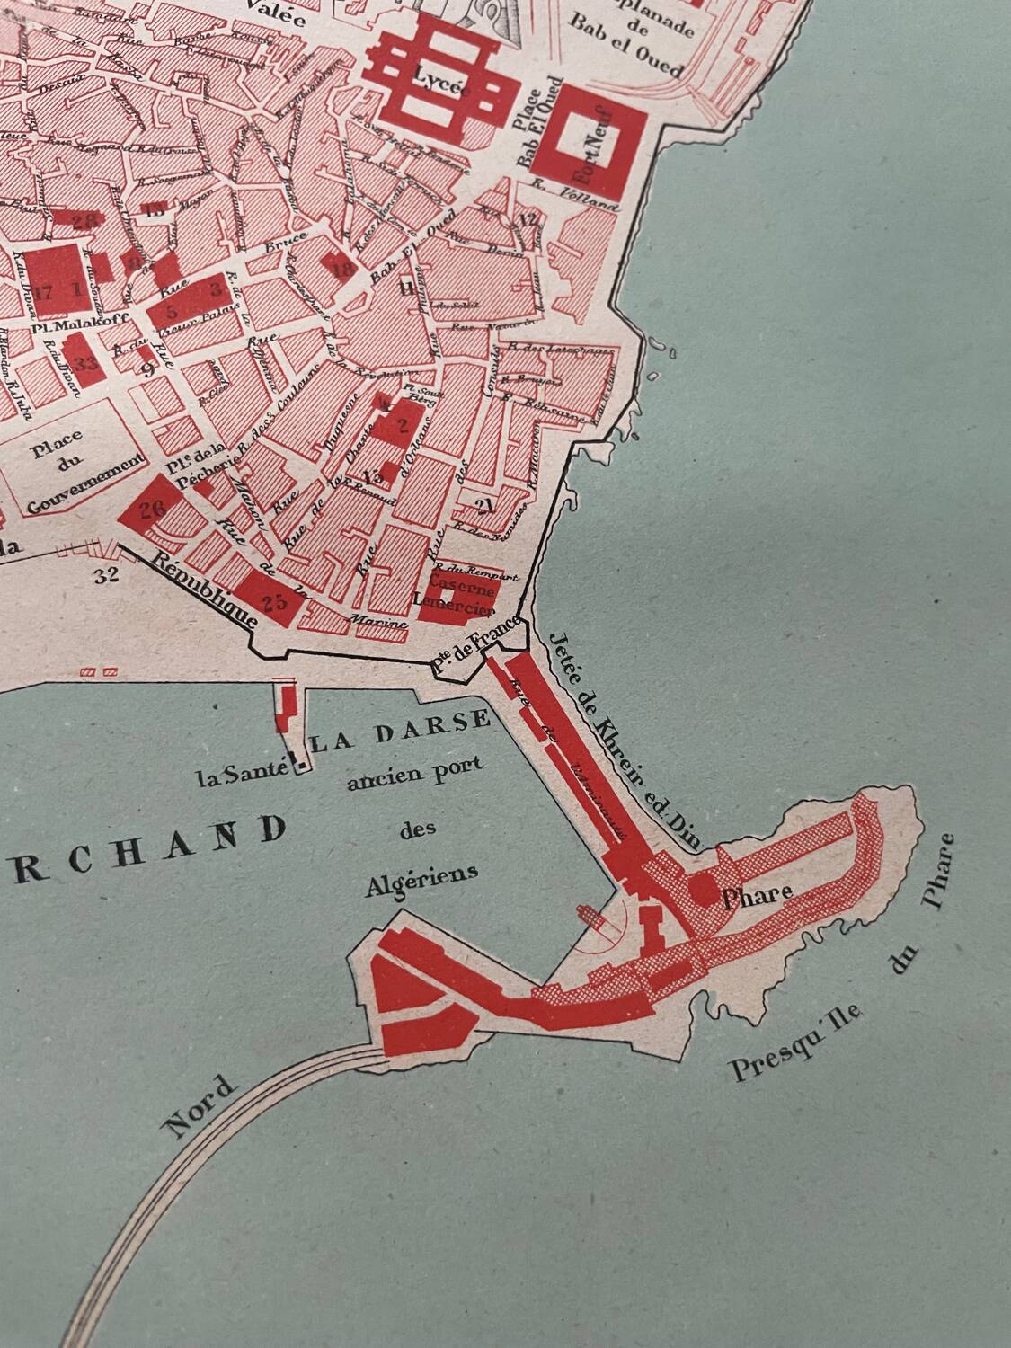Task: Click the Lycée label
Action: pyautogui.click(x=437, y=77)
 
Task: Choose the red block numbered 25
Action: pyautogui.click(x=272, y=601)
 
